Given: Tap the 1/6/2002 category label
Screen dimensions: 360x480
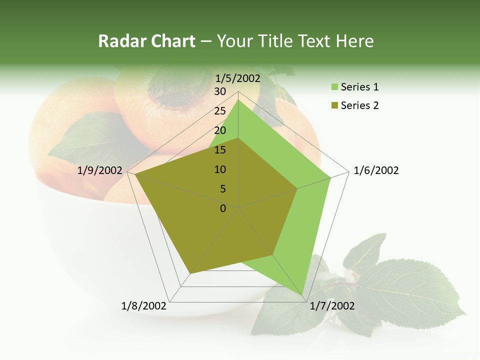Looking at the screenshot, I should (376, 170).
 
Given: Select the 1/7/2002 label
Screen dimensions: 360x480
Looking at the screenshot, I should (332, 306).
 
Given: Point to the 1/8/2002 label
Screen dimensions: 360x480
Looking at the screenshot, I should (144, 306).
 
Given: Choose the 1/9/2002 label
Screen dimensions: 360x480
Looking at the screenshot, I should (100, 170).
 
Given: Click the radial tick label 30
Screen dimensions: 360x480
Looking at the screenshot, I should (220, 91).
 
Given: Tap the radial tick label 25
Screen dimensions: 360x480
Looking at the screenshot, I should (220, 111).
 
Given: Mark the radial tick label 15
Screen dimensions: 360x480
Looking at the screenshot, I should (220, 150).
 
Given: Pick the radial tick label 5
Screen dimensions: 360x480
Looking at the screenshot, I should (223, 189).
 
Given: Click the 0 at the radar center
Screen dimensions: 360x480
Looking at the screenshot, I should (223, 208).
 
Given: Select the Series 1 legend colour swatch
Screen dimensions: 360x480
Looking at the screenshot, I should (334, 87).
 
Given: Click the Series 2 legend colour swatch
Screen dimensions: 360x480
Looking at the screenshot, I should (334, 105).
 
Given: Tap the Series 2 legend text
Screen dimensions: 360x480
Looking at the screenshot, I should (359, 105).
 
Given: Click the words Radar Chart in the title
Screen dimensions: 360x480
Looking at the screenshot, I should (146, 41).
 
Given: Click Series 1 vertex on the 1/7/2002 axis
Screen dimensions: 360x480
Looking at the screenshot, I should (303, 297).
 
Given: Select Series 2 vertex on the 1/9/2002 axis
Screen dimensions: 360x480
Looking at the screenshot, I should (135, 174).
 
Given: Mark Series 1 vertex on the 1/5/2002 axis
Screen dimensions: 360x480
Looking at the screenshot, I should (238, 99).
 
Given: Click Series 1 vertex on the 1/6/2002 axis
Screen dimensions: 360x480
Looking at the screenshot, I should (330, 177).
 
